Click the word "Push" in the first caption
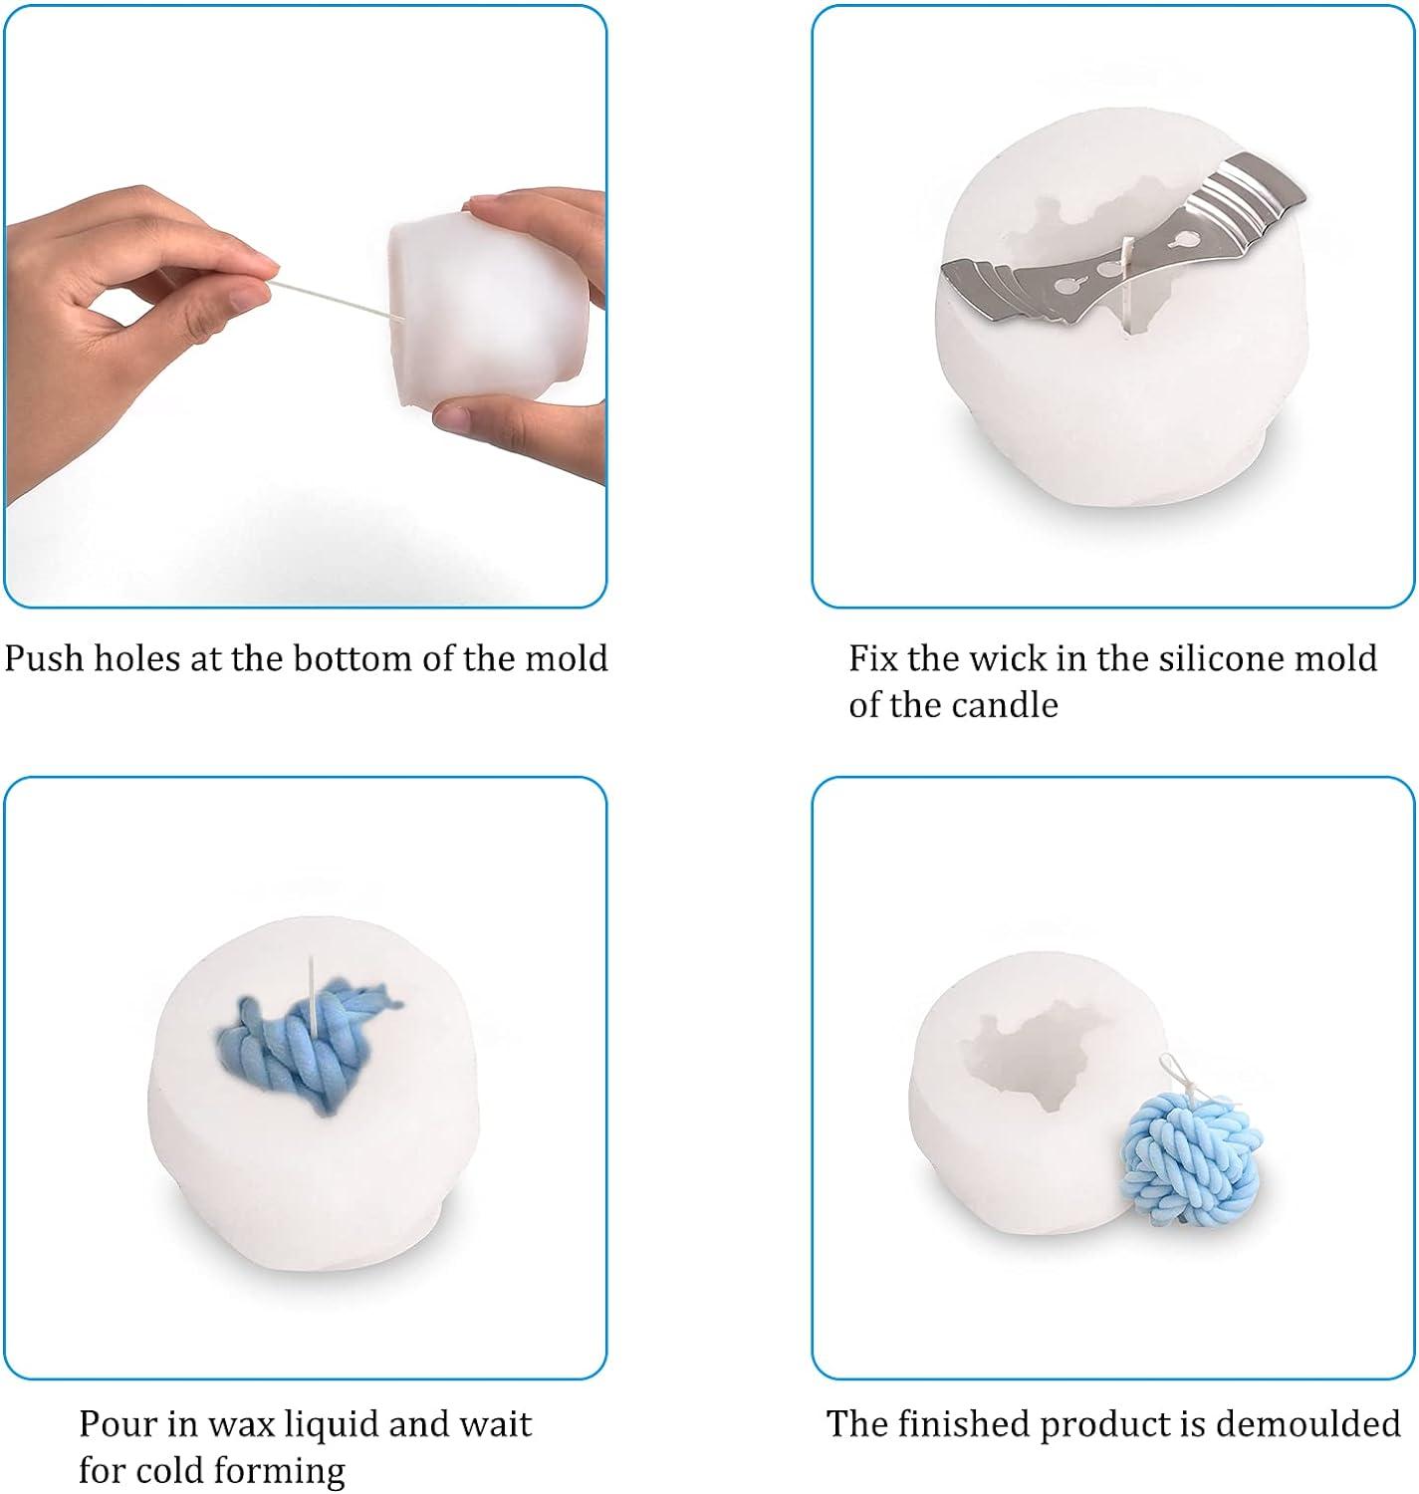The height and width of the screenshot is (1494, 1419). coord(44,658)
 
